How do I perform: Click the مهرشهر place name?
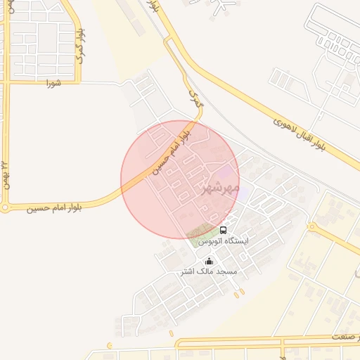(220, 188)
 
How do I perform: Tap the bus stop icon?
(224, 230)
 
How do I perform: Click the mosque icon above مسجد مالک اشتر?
(209, 261)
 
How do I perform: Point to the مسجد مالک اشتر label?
(209, 271)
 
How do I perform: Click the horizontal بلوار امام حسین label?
(55, 207)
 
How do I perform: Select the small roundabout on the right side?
(312, 226)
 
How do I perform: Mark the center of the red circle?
(180, 180)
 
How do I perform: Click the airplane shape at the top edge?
(224, 5)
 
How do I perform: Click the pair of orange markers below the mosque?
(239, 292)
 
